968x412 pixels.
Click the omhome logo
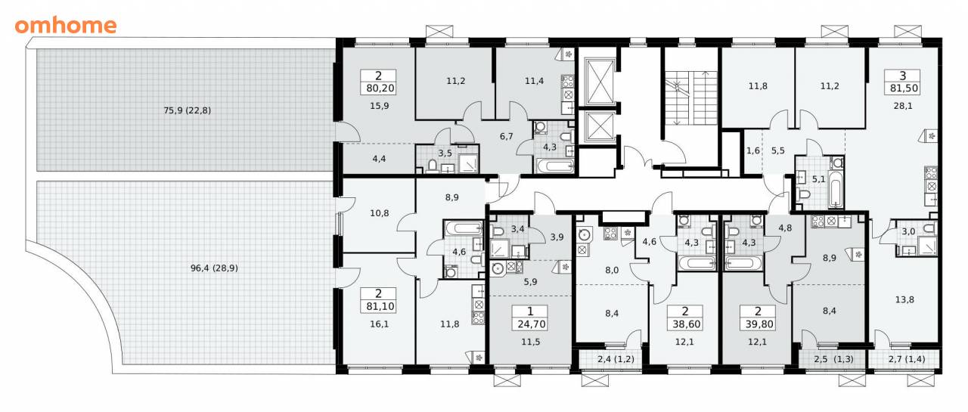[x=66, y=26]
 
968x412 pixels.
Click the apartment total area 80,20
[x=380, y=88]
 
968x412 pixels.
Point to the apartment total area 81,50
[x=904, y=88]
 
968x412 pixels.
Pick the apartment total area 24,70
[x=531, y=324]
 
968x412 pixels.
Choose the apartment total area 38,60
[x=686, y=324]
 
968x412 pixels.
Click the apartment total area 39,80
[x=759, y=324]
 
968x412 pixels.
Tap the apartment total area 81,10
[x=380, y=307]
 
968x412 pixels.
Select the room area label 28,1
[x=903, y=106]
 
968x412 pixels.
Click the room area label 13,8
[x=904, y=299]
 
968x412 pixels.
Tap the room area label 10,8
[x=380, y=213]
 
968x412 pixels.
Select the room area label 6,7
[x=507, y=137]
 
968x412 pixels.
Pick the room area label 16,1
[x=380, y=324]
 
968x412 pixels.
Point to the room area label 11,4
[x=534, y=81]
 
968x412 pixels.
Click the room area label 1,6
[x=753, y=150]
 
